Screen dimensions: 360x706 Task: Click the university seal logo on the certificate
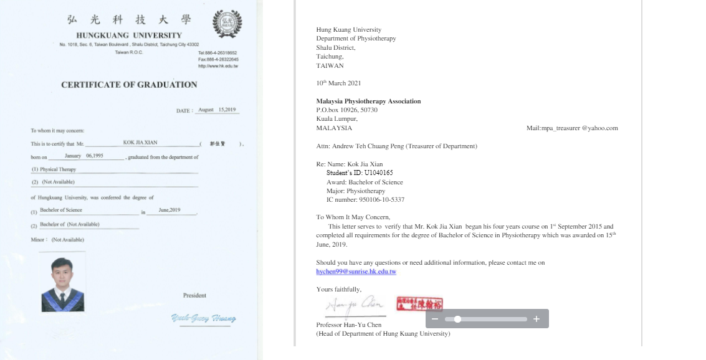tap(227, 24)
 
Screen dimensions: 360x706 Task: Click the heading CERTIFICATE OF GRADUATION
tap(129, 85)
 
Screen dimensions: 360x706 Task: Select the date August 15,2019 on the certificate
tap(216, 110)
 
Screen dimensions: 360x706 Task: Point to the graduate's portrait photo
tap(62, 284)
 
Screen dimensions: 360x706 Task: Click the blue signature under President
tap(203, 318)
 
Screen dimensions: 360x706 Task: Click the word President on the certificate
tap(194, 295)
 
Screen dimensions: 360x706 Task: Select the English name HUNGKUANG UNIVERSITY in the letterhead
tap(129, 36)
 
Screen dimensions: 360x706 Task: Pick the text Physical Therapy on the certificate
tap(58, 169)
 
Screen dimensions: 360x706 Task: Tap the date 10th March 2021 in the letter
tap(338, 83)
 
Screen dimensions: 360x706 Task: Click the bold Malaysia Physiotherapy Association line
tap(368, 101)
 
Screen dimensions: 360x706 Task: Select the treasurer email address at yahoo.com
tap(572, 128)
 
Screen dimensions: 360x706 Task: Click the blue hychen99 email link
tap(356, 272)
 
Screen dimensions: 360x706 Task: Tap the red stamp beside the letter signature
tap(419, 305)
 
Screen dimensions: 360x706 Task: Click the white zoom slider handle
tap(457, 319)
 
